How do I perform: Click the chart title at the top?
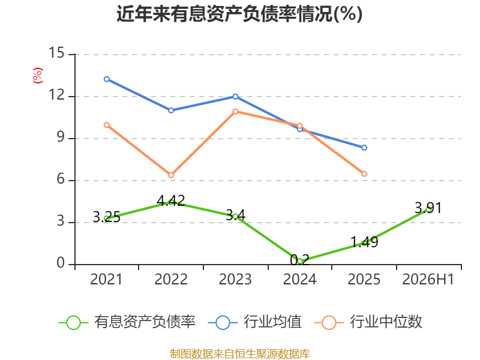[x=239, y=14]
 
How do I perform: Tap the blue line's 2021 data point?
[x=107, y=79]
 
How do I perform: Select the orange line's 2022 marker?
[x=171, y=175]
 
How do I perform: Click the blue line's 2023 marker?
[x=235, y=97]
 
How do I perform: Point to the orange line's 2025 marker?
[x=364, y=173]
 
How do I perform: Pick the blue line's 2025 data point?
[x=364, y=148]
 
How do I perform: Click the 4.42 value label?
[x=171, y=200]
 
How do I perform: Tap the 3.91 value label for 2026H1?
[x=428, y=208]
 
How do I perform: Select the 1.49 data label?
[x=364, y=242]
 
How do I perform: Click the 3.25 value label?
[x=107, y=217]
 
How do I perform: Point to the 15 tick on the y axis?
[x=56, y=53]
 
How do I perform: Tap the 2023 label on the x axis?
[x=235, y=279]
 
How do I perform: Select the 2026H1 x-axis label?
[x=428, y=279]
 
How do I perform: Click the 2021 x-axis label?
[x=106, y=279]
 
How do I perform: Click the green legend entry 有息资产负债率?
[x=127, y=322]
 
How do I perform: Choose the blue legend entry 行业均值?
[x=254, y=322]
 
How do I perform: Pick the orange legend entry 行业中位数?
[x=368, y=322]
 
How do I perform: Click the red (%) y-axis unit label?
[x=38, y=76]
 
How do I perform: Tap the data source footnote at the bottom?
[x=240, y=353]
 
